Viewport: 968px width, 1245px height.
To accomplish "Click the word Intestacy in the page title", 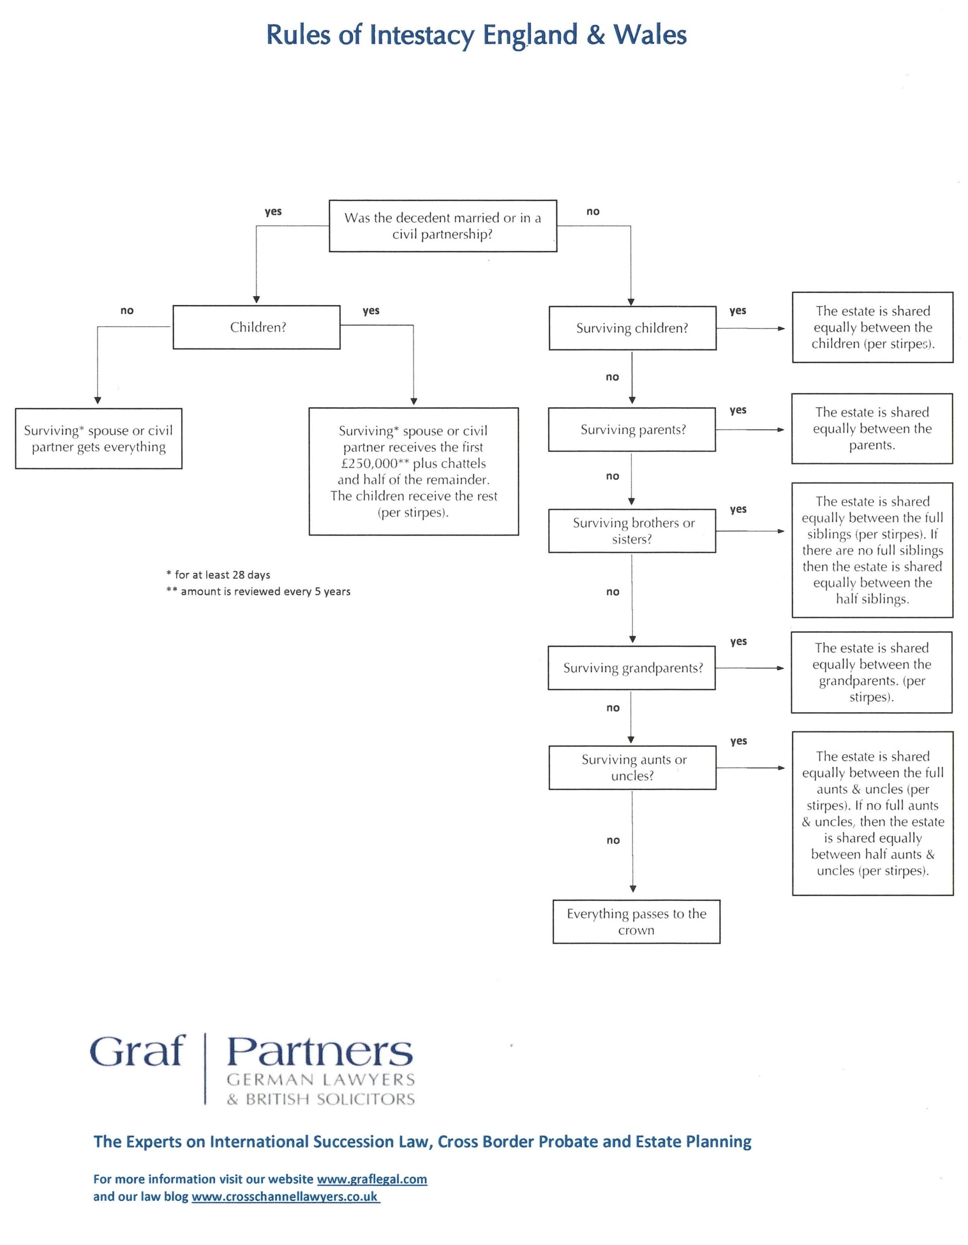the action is [421, 36].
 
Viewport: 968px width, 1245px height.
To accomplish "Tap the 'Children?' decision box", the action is [256, 327].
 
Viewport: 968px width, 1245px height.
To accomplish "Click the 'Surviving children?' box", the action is [632, 328].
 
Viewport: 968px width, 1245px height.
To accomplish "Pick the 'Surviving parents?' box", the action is [632, 430].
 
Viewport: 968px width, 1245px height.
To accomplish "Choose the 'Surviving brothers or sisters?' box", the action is [632, 531].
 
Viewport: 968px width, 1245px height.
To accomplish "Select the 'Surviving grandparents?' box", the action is [632, 668].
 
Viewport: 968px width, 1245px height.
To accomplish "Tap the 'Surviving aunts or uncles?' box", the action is [632, 767].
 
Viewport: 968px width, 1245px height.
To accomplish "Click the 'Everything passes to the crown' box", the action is [636, 922].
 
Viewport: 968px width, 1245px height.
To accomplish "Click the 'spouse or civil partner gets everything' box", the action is [99, 438].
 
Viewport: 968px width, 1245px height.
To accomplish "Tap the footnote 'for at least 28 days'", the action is [218, 575].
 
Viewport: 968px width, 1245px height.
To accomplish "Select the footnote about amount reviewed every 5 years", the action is [258, 591].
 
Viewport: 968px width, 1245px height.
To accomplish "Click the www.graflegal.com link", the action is [372, 1179].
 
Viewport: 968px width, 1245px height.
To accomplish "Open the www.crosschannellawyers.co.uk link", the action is [285, 1196].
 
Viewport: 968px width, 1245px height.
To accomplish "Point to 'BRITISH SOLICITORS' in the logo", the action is [330, 1099].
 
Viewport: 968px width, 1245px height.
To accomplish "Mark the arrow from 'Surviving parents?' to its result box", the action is [750, 430].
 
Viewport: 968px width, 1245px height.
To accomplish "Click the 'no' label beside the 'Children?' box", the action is [127, 311].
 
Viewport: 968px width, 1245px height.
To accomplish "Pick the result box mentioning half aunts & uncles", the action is [873, 814].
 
